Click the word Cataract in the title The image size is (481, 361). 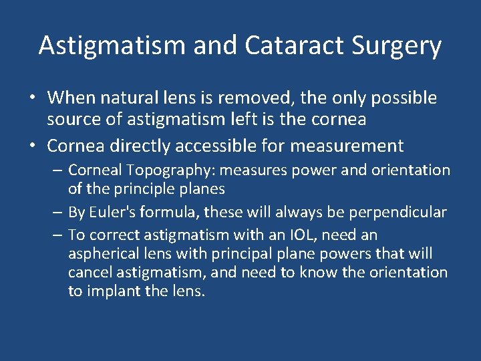point(291,45)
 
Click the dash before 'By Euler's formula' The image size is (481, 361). point(59,213)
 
